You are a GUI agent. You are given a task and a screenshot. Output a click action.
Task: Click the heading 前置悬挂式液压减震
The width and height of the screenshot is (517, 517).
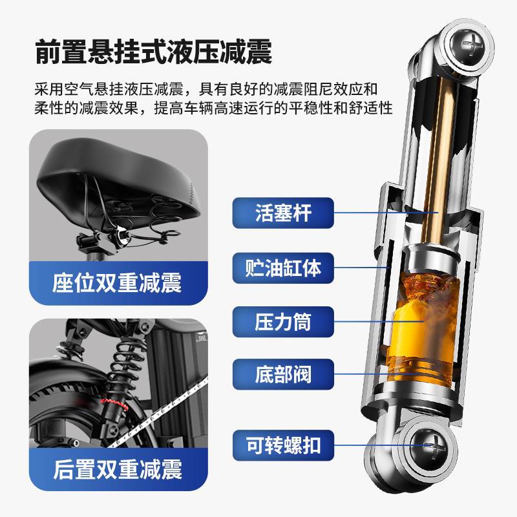153,52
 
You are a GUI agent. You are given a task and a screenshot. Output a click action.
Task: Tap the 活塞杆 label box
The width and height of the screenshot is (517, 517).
283,213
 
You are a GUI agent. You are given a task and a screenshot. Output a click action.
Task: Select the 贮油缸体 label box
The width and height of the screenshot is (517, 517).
283,268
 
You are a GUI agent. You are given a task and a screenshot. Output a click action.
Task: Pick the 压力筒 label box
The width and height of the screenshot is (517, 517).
283,321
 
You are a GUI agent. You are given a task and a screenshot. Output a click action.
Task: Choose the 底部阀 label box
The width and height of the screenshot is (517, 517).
283,374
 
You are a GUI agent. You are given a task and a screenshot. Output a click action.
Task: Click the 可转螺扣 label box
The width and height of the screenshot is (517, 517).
283,445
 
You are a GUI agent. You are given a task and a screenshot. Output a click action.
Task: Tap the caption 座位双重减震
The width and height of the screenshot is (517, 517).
117,283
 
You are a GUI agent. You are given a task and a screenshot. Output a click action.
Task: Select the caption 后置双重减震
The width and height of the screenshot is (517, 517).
118,470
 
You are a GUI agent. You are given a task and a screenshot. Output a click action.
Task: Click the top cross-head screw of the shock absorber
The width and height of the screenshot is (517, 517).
467,44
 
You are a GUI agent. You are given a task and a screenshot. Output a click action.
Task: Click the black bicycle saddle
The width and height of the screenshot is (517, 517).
119,185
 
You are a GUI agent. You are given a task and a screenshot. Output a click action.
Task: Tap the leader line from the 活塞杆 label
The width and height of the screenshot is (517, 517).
386,213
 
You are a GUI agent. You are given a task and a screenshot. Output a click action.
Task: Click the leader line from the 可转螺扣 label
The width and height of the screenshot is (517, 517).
383,445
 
